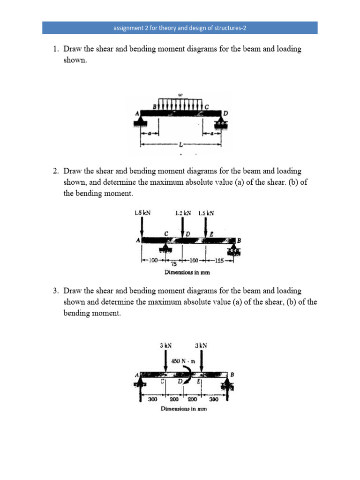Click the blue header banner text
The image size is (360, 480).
(x=180, y=28)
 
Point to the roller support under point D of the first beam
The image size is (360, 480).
(x=220, y=124)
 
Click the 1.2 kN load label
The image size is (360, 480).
(x=183, y=213)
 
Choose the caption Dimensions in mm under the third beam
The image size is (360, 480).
(x=183, y=409)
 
